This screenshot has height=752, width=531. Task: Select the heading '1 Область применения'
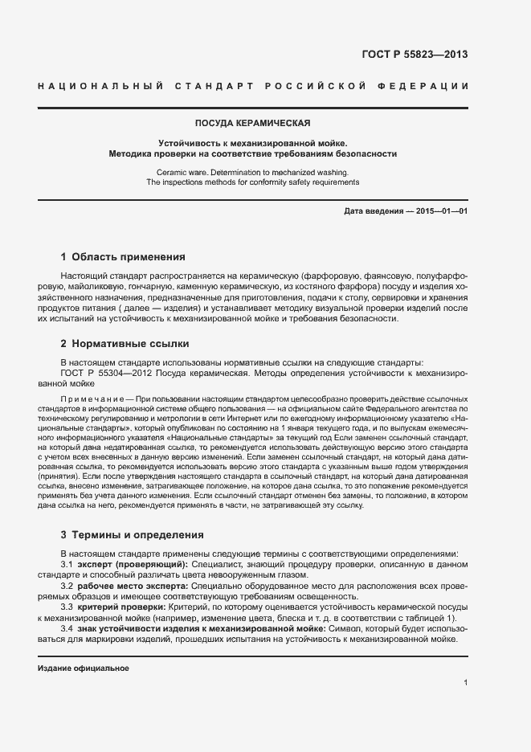tap(123, 258)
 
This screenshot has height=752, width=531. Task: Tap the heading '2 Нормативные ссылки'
tap(125, 344)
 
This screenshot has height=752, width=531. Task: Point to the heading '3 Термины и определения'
tap(132, 534)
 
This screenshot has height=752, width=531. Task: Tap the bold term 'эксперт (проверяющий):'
tap(122, 566)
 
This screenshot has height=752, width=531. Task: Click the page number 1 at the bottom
tap(465, 682)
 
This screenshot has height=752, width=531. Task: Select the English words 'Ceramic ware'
tap(180, 172)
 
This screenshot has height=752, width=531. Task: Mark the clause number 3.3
tap(67, 607)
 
